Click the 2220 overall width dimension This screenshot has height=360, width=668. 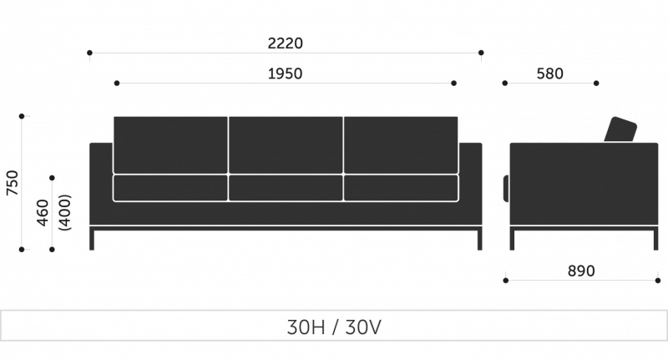tap(285, 43)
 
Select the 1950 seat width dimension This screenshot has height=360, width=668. tap(285, 74)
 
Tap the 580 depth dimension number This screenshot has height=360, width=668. tap(549, 74)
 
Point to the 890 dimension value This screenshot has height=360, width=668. tap(581, 271)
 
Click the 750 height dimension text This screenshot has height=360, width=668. tap(13, 183)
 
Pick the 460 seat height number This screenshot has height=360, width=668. tap(43, 213)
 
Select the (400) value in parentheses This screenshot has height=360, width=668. tap(64, 213)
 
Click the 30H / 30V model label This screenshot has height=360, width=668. tap(334, 327)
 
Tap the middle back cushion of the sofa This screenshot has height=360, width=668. tap(286, 145)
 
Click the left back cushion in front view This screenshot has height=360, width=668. tap(170, 145)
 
